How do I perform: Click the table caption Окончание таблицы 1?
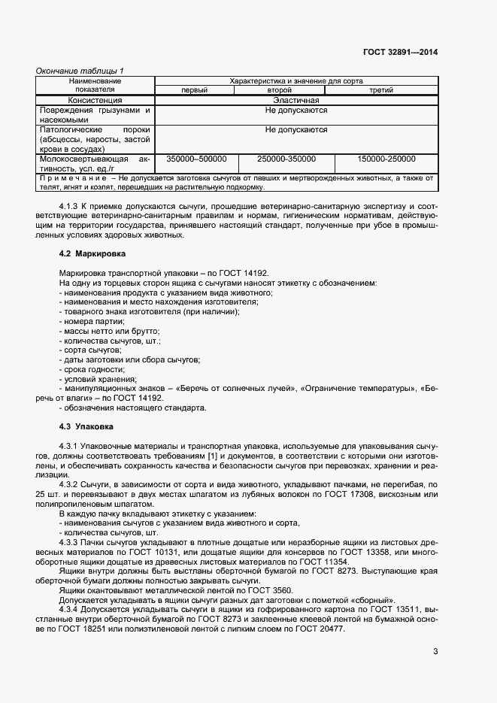(80, 71)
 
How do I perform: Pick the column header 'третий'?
(380, 90)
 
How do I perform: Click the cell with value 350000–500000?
(195, 159)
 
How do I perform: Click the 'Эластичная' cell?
(296, 100)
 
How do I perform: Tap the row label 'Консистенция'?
(95, 100)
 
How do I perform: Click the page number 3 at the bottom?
(435, 651)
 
